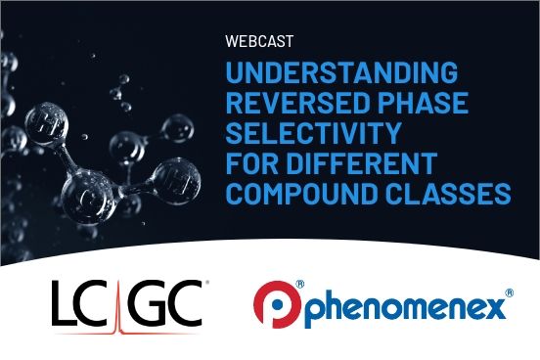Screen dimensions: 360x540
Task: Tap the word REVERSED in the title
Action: point(291,104)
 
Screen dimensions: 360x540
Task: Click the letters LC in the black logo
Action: point(86,301)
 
